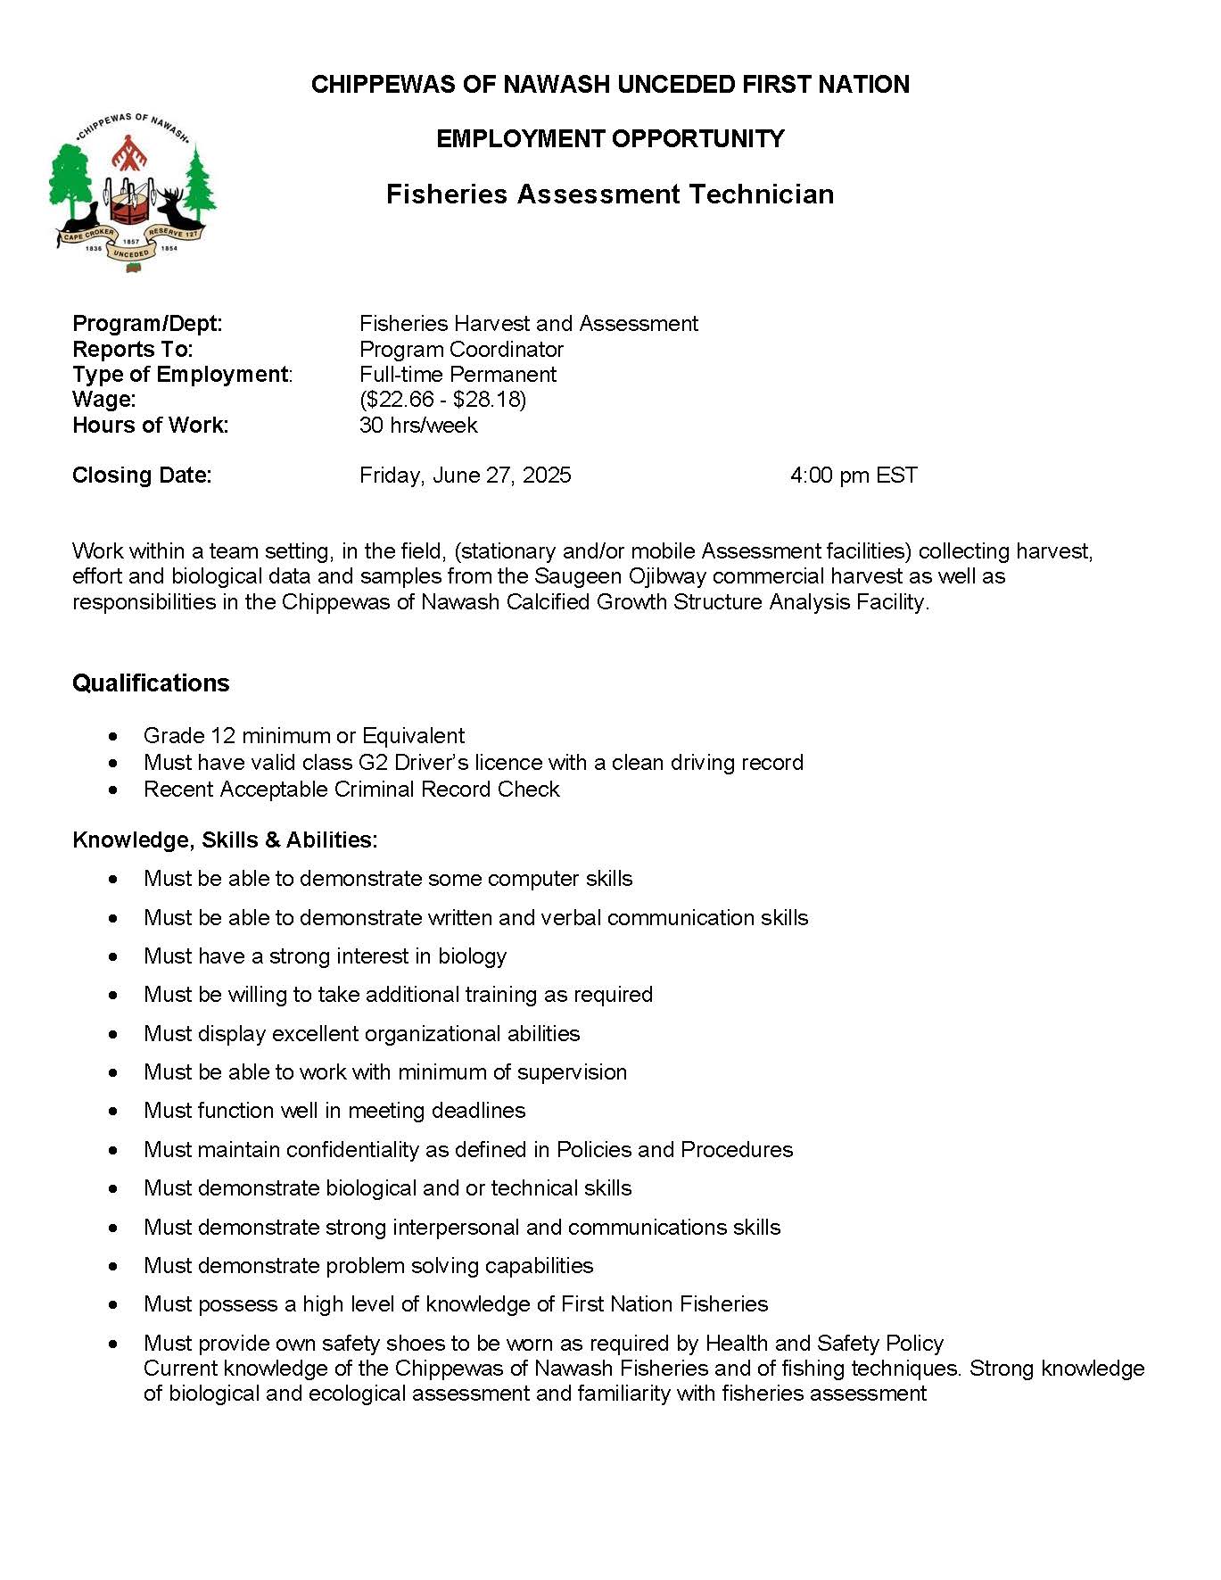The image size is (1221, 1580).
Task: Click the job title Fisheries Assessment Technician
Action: point(610,194)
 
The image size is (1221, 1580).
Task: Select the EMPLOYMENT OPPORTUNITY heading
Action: point(610,139)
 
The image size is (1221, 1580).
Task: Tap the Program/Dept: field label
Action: point(147,324)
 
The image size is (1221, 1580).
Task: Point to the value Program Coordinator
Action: point(461,349)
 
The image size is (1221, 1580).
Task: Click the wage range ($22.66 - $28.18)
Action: point(442,400)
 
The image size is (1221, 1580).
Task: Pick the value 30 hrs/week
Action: point(418,426)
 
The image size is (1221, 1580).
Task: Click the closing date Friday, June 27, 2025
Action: point(465,476)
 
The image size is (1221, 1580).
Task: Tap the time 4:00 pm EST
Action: point(854,476)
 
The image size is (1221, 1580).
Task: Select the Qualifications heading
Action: point(151,683)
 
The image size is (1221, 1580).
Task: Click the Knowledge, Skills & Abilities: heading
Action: point(225,840)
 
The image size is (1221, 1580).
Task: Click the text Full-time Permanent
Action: point(458,375)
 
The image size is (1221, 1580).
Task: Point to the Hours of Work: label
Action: point(150,426)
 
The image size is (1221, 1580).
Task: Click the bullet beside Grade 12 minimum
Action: point(112,737)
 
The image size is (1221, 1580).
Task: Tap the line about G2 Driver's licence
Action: point(473,763)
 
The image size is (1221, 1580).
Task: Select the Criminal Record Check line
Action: point(351,790)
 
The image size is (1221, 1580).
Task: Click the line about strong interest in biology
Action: point(325,956)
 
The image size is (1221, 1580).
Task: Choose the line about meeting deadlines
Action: point(334,1111)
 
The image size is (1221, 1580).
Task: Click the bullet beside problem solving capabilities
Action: point(112,1267)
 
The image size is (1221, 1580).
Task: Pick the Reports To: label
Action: point(132,349)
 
